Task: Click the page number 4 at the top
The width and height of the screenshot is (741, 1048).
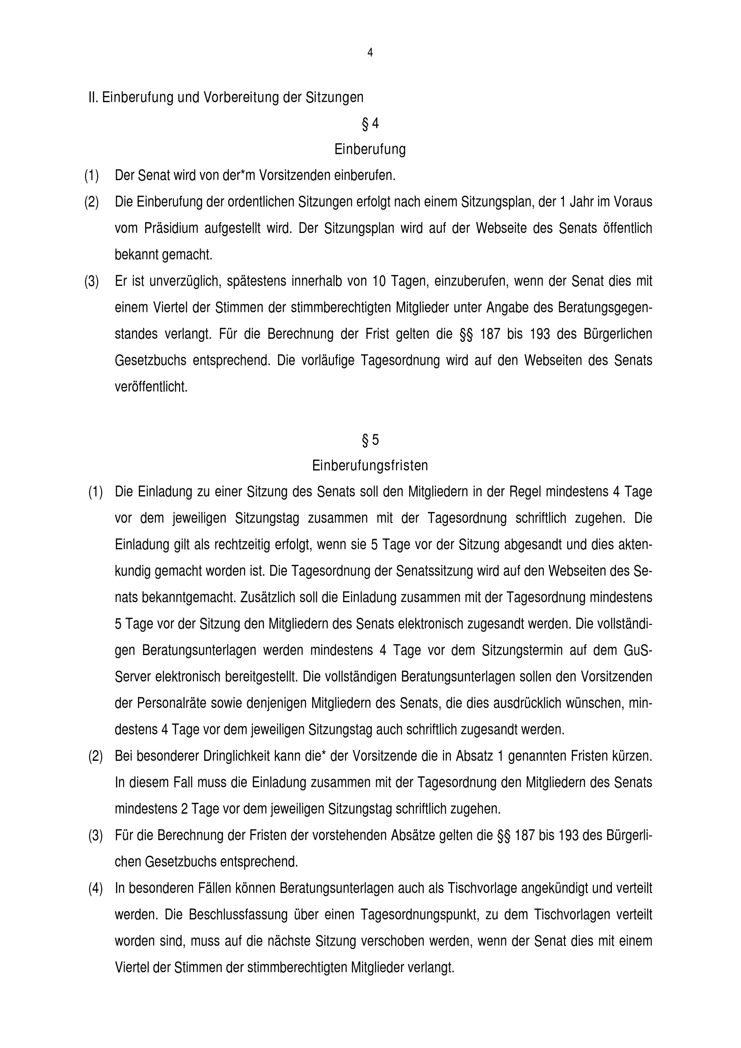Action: coord(370,53)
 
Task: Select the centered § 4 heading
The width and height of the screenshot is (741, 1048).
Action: coord(370,124)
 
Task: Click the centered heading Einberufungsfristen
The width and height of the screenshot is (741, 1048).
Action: coord(370,466)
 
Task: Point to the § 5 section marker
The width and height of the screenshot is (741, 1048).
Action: coord(370,440)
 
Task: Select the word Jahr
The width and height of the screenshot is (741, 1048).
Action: coord(578,202)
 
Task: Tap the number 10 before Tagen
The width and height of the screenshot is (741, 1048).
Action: coord(379,281)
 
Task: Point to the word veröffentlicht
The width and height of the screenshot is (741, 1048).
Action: coord(151,387)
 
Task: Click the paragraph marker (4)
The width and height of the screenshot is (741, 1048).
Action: coord(95,888)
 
